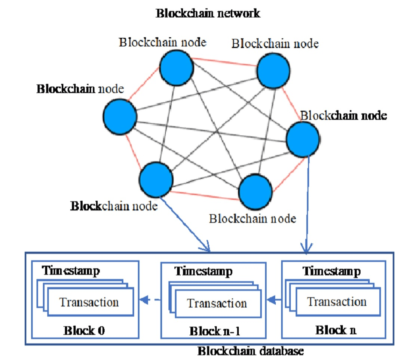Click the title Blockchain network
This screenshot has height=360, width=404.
coord(208,13)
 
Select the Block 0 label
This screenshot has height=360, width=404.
coord(84,330)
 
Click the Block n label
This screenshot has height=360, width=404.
coord(336,330)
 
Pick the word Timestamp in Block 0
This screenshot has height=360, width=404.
coord(71,271)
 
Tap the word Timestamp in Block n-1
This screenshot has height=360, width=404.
coord(203,271)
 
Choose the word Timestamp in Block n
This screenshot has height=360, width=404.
coord(331,271)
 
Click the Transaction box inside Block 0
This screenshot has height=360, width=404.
coord(89,302)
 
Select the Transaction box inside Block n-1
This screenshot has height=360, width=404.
coord(217,303)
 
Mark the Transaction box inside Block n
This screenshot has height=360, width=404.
coord(337,301)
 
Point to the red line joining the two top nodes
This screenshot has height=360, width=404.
coord(225,62)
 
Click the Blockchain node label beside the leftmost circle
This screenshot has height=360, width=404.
coord(80,90)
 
